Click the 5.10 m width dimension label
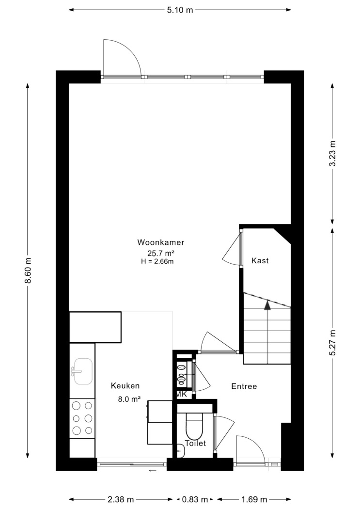pyautogui.click(x=180, y=10)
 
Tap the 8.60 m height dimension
pyautogui.click(x=28, y=270)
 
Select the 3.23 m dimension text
pyautogui.click(x=332, y=153)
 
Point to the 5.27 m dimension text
pyautogui.click(x=332, y=342)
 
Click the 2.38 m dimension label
pyautogui.click(x=121, y=499)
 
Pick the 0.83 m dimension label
pyautogui.click(x=195, y=499)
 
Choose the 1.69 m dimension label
pyautogui.click(x=254, y=499)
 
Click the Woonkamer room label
pyautogui.click(x=161, y=242)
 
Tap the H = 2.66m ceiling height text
pyautogui.click(x=157, y=261)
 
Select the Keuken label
pyautogui.click(x=125, y=386)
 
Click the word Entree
pyautogui.click(x=244, y=386)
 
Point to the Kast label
pyautogui.click(x=260, y=261)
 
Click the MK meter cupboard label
pyautogui.click(x=182, y=394)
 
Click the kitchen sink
pyautogui.click(x=83, y=371)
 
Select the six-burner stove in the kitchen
pyautogui.click(x=82, y=418)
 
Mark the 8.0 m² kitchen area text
pyautogui.click(x=129, y=399)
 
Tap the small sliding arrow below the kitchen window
pyautogui.click(x=153, y=470)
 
